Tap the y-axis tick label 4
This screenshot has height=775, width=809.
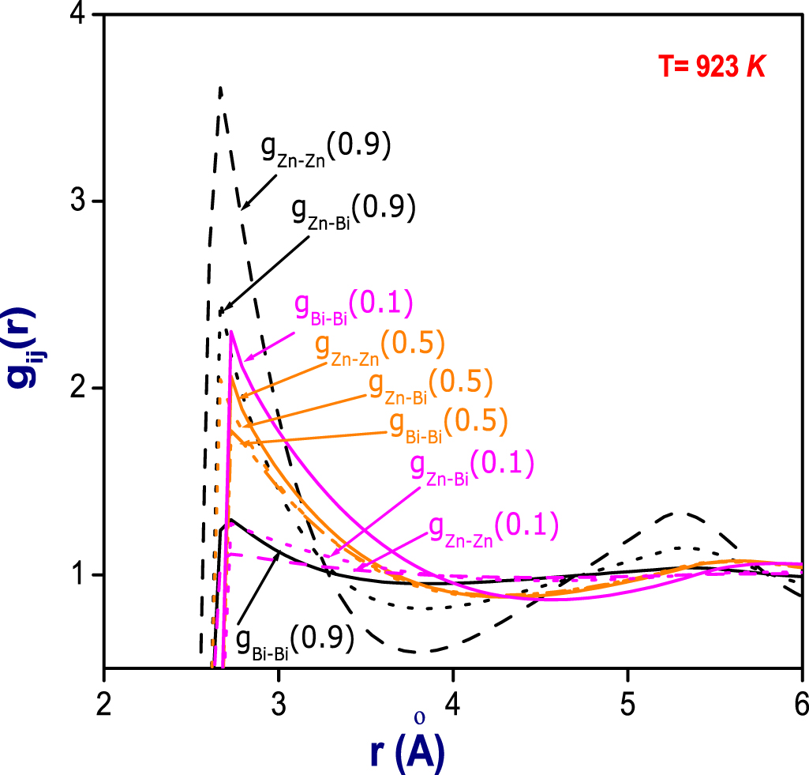click(x=77, y=16)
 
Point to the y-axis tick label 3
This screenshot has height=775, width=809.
click(x=77, y=201)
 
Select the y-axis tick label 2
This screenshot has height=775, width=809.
click(x=77, y=388)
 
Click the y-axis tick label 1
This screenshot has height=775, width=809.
click(x=77, y=574)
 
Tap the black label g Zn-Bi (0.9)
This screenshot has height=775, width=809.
click(x=352, y=213)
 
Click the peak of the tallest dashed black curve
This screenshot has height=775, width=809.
click(x=220, y=87)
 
